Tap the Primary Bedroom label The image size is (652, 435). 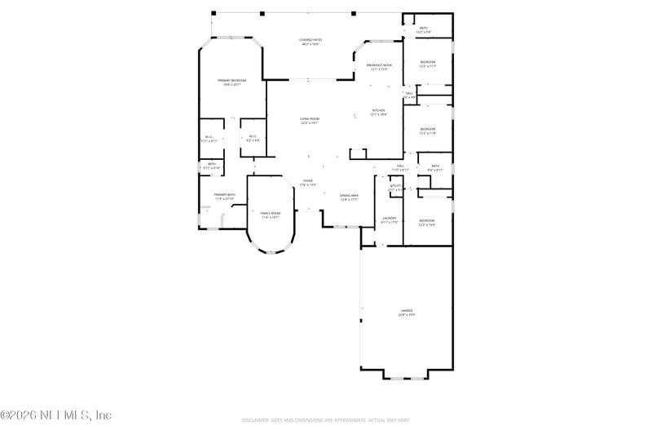tap(231, 80)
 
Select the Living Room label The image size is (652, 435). tap(309, 119)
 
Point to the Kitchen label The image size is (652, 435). tap(378, 110)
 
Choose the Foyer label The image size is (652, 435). tap(308, 180)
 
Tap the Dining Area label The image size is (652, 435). tap(350, 195)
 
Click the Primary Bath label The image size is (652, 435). tap(224, 194)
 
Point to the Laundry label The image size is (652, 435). tap(390, 218)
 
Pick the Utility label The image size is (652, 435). tap(394, 186)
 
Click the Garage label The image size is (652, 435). tap(406, 310)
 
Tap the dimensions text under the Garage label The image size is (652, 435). tap(406, 315)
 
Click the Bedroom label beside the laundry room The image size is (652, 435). tap(427, 220)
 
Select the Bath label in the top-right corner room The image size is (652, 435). tap(423, 28)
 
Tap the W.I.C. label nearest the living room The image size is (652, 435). tap(253, 136)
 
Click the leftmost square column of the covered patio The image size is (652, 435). tap(214, 14)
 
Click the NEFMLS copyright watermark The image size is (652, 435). tap(55, 415)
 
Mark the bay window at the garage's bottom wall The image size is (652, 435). tap(405, 377)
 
